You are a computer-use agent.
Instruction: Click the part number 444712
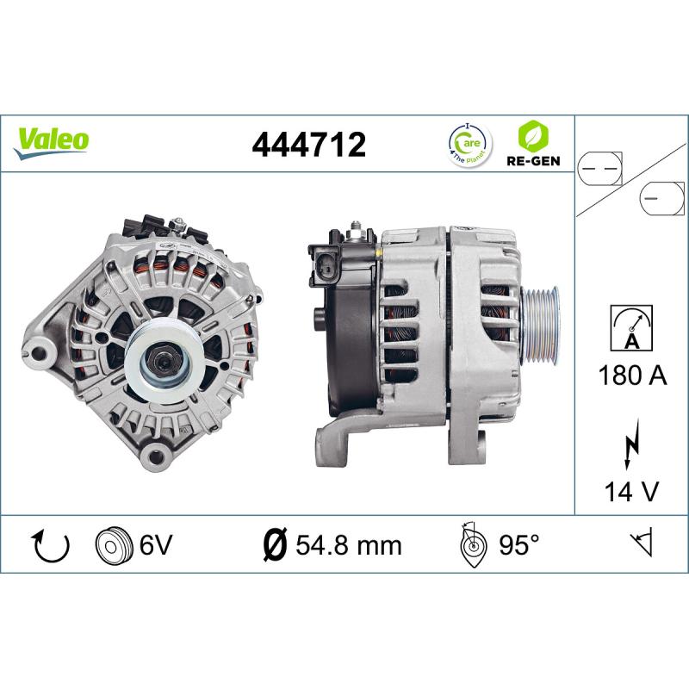click(308, 143)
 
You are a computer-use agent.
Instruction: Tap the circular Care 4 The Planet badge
click(469, 143)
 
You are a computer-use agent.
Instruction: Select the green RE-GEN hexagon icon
click(534, 135)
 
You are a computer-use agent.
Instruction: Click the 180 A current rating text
click(631, 376)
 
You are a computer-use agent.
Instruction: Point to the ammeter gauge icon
click(632, 328)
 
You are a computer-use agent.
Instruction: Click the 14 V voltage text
click(631, 491)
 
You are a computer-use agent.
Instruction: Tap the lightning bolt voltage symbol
click(632, 444)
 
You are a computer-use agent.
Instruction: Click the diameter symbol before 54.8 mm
click(273, 544)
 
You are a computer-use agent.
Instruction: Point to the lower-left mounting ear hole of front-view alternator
click(38, 349)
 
